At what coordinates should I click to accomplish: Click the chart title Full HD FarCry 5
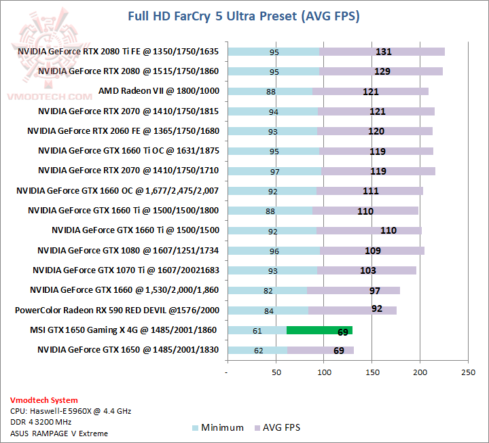click(x=244, y=16)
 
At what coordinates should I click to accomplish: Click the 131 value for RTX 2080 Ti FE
click(x=384, y=52)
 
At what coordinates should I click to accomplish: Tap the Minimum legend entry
click(x=217, y=427)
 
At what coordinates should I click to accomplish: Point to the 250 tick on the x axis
click(x=468, y=372)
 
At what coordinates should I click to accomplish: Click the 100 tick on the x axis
click(x=324, y=372)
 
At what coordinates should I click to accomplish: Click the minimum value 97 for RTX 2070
click(x=274, y=171)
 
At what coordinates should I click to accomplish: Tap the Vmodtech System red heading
click(x=43, y=400)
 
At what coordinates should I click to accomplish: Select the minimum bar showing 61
click(x=257, y=330)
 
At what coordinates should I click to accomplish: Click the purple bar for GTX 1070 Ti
click(x=367, y=270)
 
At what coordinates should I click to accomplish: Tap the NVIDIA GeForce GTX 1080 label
click(x=132, y=251)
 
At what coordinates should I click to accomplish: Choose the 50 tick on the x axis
click(x=276, y=372)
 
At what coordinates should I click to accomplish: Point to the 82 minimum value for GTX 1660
click(x=268, y=291)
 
